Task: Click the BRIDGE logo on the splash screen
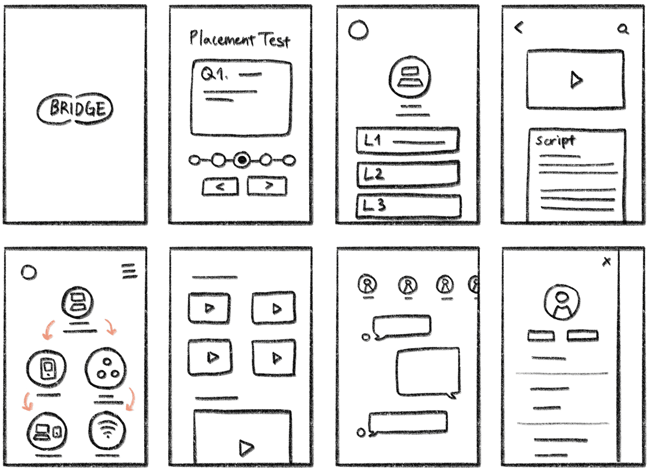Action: tap(75, 109)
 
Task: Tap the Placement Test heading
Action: tap(240, 39)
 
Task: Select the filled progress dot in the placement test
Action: tap(242, 160)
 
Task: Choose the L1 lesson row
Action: tap(408, 140)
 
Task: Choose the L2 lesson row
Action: tap(408, 174)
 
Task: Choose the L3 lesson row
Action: tap(409, 205)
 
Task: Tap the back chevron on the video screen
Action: tap(519, 27)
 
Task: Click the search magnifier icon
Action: tap(623, 30)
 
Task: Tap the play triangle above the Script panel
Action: tap(576, 80)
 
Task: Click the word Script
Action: tap(555, 141)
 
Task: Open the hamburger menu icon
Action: tap(129, 271)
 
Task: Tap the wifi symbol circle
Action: tap(107, 430)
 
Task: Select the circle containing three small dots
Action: tap(106, 368)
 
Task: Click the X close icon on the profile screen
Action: tap(607, 261)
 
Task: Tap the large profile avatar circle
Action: tap(562, 302)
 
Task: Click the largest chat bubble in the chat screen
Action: tap(428, 372)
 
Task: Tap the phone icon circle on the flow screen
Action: tap(46, 368)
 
